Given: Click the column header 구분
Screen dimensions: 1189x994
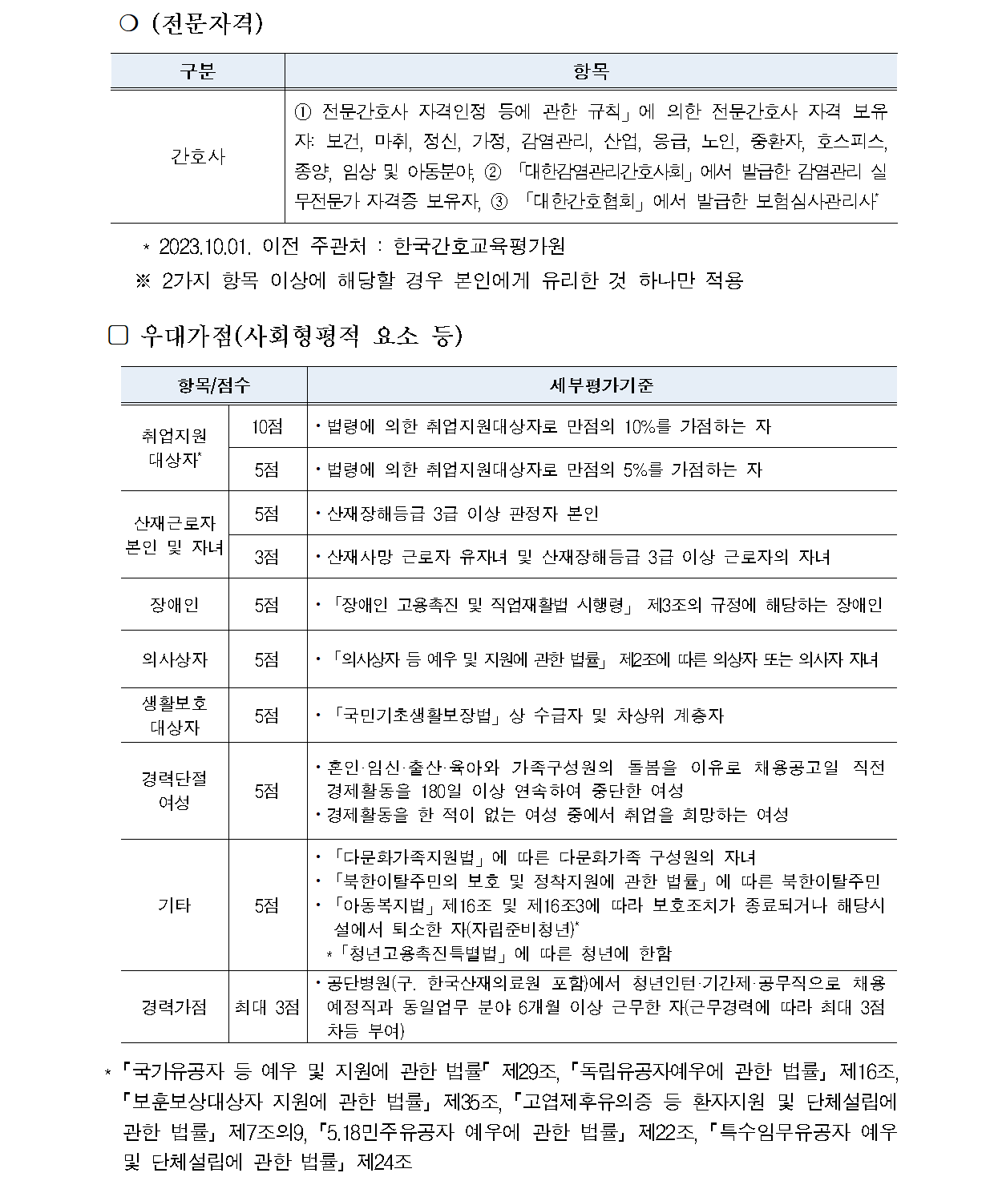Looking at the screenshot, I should tap(197, 71).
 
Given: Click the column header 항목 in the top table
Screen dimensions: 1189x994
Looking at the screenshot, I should tap(591, 71).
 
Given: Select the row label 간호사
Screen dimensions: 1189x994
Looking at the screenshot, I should tap(197, 155).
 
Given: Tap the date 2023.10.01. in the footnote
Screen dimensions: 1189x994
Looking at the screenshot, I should tap(206, 246).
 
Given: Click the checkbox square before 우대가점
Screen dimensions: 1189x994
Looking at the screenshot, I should tap(118, 336).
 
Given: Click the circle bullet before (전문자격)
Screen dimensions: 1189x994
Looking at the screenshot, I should tap(126, 25).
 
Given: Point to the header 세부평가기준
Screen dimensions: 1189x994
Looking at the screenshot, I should tap(601, 385).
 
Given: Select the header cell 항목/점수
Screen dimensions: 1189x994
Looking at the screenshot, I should tap(213, 385).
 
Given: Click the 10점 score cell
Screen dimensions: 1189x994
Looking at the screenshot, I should tap(267, 426).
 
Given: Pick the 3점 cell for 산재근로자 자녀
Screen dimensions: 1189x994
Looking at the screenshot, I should tap(267, 557).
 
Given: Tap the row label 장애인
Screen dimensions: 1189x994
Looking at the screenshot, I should tap(174, 604).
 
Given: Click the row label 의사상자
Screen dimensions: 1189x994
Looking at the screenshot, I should tap(174, 659).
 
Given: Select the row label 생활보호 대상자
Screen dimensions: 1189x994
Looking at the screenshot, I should tap(174, 715).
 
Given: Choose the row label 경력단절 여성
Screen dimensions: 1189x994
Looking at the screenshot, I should tap(174, 790).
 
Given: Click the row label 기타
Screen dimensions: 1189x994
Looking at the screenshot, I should tap(174, 905).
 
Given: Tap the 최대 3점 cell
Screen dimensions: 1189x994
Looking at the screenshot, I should tap(267, 1006).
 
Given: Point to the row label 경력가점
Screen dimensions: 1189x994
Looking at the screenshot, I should tap(174, 1006).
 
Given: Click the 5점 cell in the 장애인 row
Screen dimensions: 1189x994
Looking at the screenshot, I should tap(267, 604).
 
